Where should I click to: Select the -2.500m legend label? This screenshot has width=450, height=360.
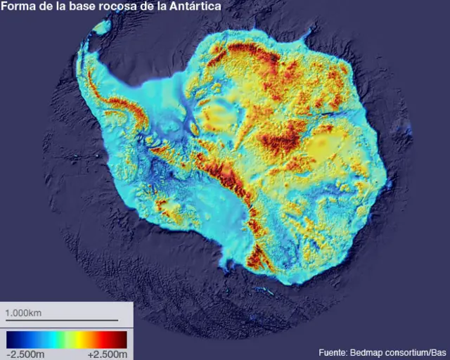click(x=25, y=354)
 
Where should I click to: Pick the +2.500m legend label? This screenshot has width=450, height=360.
click(x=108, y=354)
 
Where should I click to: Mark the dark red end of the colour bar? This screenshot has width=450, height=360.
click(x=122, y=339)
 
